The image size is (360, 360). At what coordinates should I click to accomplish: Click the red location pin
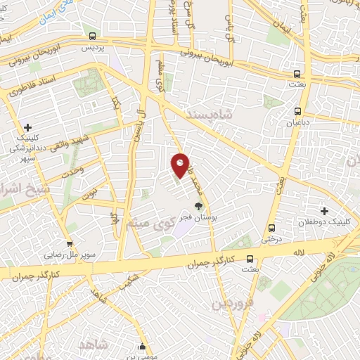pyautogui.click(x=181, y=165)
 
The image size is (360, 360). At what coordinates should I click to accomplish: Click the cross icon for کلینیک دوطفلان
pyautogui.click(x=324, y=210)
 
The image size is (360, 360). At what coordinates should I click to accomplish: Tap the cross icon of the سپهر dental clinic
pyautogui.click(x=27, y=127)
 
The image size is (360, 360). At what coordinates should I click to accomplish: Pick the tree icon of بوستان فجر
pyautogui.click(x=199, y=206)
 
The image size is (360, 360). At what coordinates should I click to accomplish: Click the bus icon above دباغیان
pyautogui.click(x=298, y=110)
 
